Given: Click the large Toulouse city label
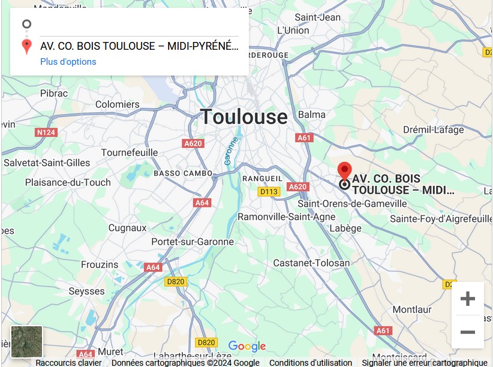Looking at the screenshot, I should coord(244,116).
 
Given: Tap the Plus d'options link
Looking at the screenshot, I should coord(68,62).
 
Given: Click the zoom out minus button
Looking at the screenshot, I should coord(467,332).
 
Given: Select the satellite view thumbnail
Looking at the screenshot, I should coord(27,341).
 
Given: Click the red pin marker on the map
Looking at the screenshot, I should coord(344,170).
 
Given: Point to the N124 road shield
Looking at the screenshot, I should coord(46,132).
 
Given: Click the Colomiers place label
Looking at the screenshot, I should coord(118,104).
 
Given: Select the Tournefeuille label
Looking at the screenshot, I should coord(129,152).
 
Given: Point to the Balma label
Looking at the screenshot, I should coord(312,115).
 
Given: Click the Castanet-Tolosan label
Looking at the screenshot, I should coord(311,263).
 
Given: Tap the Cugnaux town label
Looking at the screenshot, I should coord(127,228).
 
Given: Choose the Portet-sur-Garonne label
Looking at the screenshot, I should coord(193,242).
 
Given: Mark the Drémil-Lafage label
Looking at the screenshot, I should coord(433,130).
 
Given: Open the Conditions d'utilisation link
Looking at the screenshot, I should coord(311,363).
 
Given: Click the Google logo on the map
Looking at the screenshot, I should coord(246,347).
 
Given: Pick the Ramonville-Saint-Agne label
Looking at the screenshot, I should coord(287,216).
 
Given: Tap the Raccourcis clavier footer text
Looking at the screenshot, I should coord(68,363).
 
